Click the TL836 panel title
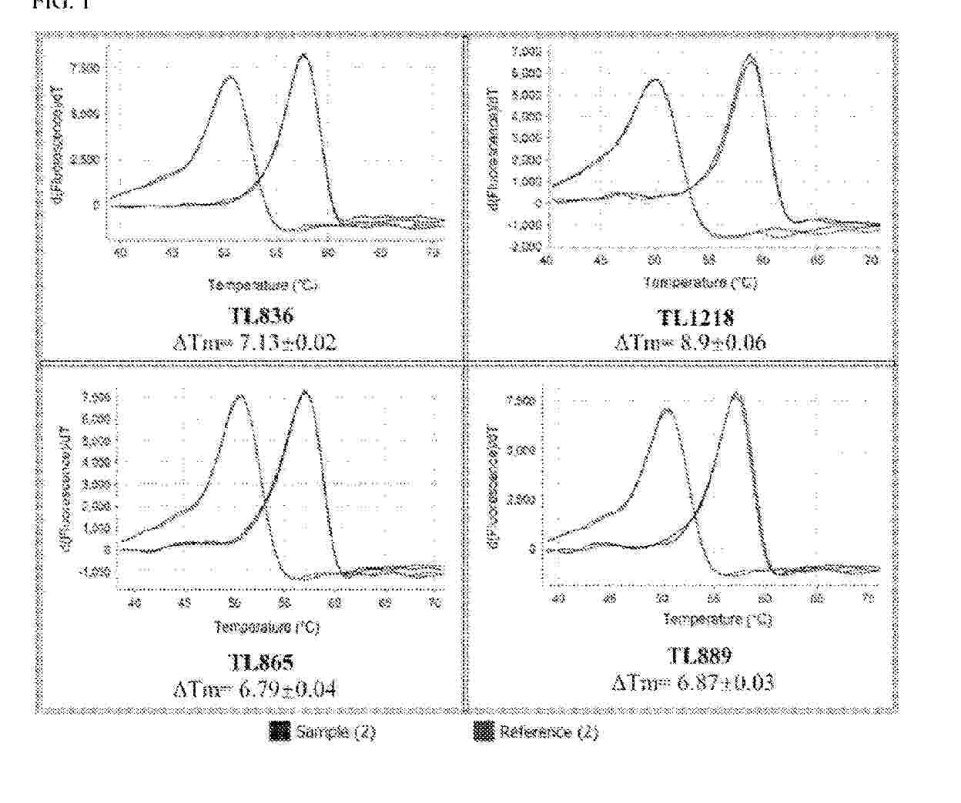coord(261,316)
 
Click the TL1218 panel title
coord(695,317)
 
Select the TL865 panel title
coord(261,661)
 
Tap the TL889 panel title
coord(699,655)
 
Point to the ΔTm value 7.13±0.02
coord(255,341)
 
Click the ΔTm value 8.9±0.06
coord(690,342)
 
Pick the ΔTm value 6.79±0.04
coord(255,688)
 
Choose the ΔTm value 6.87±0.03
coord(693,682)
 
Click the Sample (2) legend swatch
coord(280,731)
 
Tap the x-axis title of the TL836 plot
coord(263,285)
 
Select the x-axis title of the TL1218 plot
coord(699,283)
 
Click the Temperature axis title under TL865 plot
coord(266,627)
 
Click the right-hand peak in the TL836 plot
coord(304,55)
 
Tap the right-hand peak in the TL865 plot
coord(305,391)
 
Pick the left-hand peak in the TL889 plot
coord(667,409)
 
